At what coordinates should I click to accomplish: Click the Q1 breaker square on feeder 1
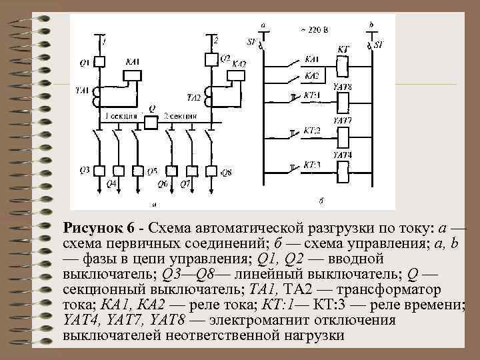(x=99, y=63)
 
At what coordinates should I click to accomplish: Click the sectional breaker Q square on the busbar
(x=152, y=121)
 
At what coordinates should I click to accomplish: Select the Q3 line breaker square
(x=99, y=171)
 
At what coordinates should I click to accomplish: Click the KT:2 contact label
(x=311, y=130)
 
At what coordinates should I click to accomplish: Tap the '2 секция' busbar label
(x=180, y=115)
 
